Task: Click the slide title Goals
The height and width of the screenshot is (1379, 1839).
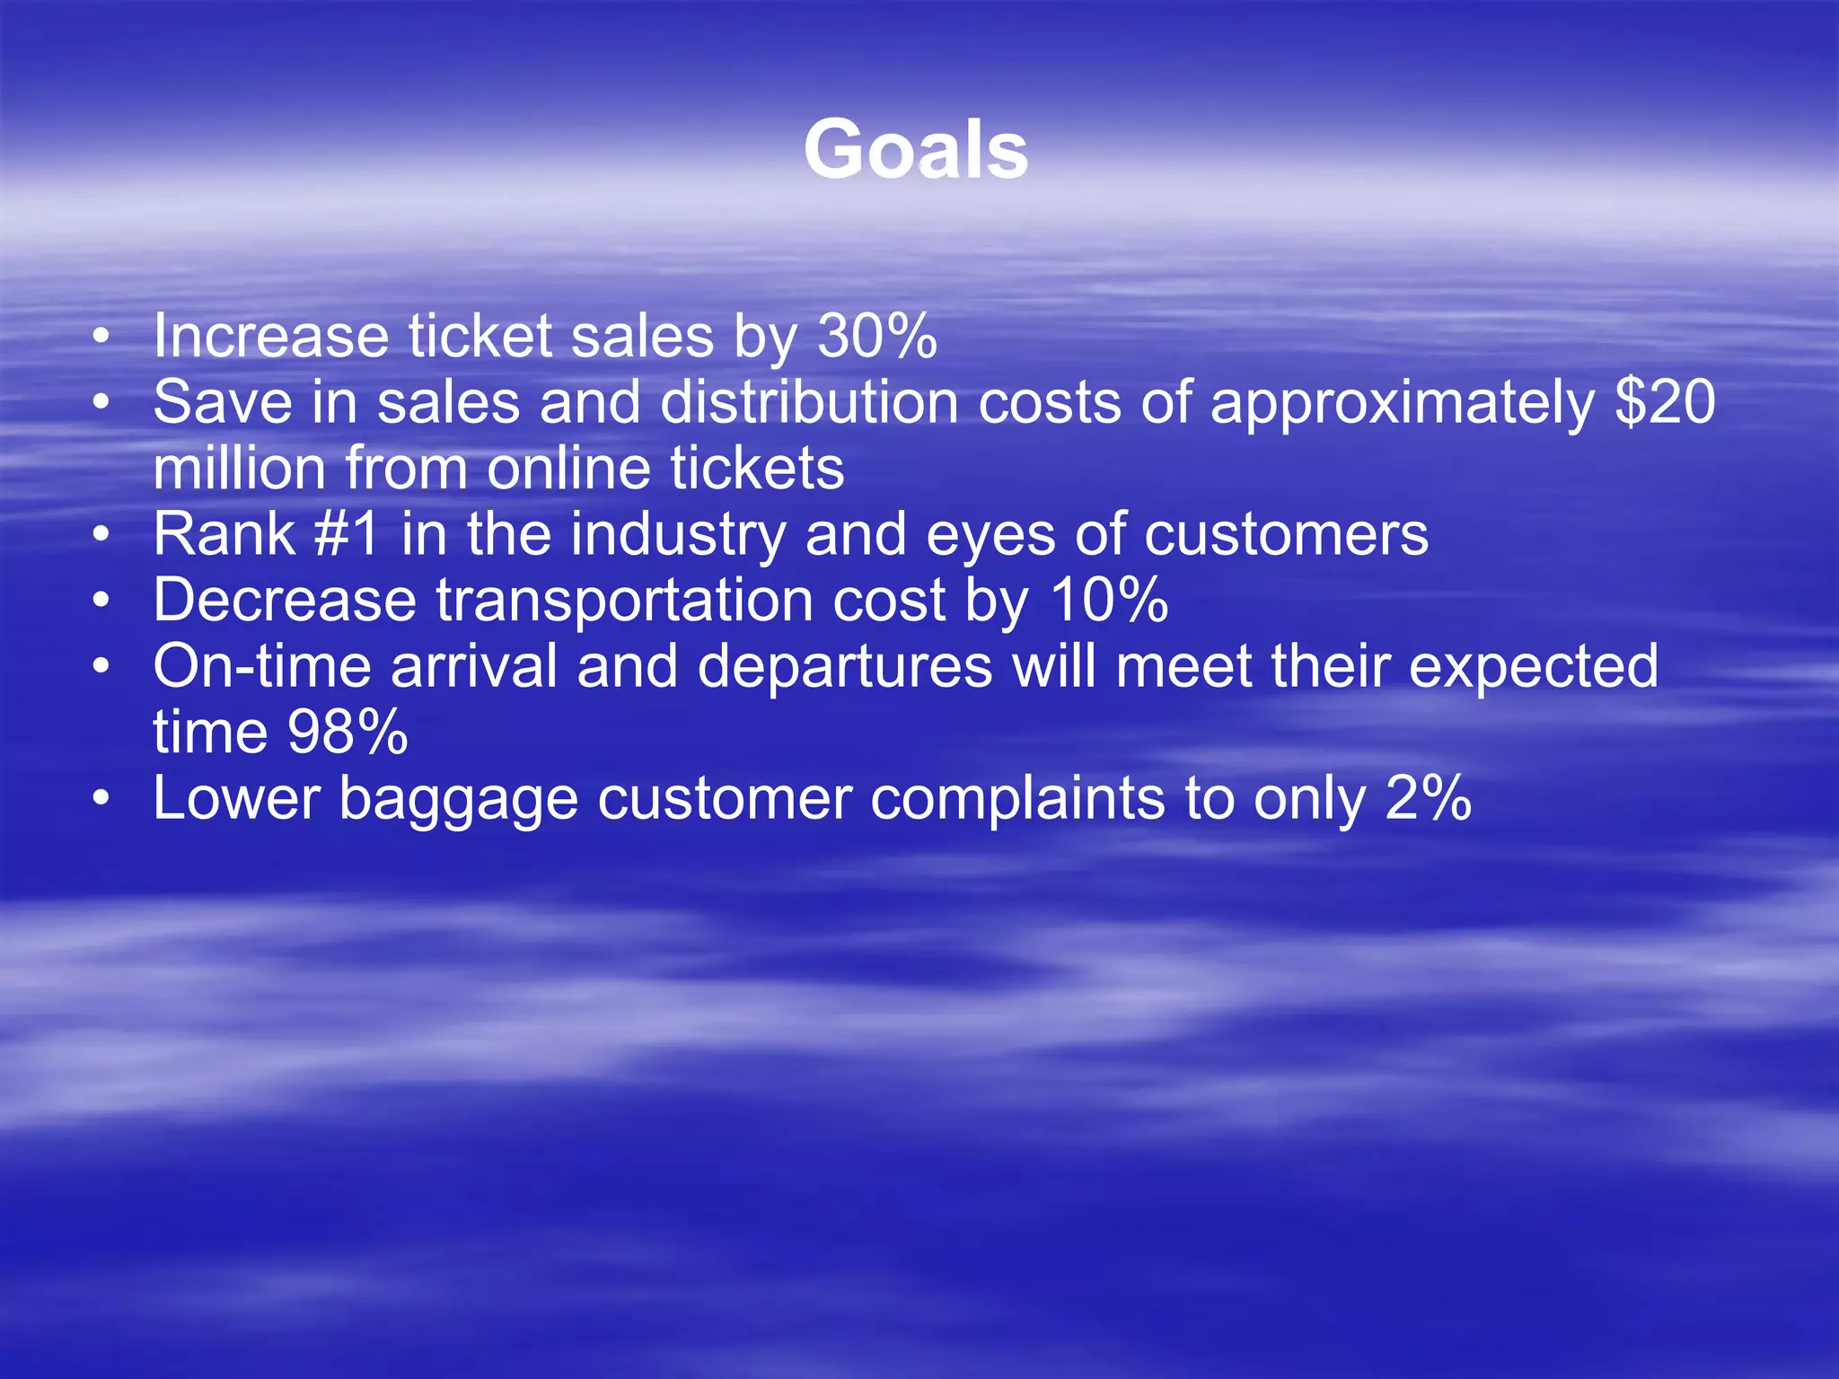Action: [x=915, y=150]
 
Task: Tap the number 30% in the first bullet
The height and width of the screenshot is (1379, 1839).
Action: [x=877, y=337]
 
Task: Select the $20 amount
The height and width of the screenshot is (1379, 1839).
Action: [x=1665, y=402]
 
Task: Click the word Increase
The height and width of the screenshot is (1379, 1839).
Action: [x=270, y=337]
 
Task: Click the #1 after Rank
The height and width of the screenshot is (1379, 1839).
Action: [x=347, y=534]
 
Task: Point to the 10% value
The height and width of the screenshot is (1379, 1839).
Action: [x=1109, y=600]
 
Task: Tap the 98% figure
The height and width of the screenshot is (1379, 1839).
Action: [x=348, y=732]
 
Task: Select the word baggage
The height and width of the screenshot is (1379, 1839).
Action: [x=458, y=800]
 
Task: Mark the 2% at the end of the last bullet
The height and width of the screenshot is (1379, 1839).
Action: [x=1428, y=798]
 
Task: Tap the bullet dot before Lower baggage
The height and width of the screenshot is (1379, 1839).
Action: [x=101, y=798]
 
